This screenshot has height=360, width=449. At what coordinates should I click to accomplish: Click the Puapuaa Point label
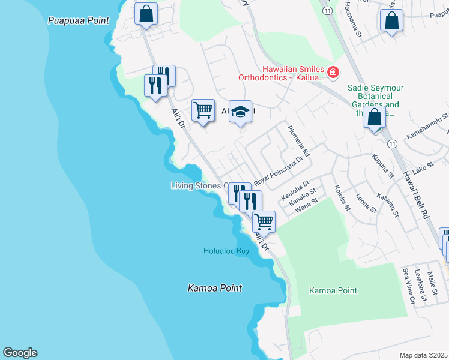(x=79, y=20)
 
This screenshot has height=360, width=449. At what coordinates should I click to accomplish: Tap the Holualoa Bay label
(x=226, y=251)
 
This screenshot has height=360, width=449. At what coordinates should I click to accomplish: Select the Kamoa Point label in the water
(x=215, y=288)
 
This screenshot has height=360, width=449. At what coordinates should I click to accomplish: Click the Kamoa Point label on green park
(x=333, y=290)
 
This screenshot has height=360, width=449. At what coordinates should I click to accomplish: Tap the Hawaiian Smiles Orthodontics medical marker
(x=333, y=73)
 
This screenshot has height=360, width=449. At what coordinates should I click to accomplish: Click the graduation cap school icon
(x=240, y=112)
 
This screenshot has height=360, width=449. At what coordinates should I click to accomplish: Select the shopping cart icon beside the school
(x=203, y=110)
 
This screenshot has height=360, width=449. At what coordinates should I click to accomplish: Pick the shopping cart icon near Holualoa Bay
(x=264, y=221)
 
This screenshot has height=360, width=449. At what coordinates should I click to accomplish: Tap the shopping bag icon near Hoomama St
(x=391, y=21)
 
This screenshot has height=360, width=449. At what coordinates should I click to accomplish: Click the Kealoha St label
(x=295, y=193)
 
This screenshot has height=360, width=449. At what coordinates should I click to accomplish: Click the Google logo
(x=20, y=353)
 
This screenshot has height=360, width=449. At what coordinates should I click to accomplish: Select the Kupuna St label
(x=382, y=166)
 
